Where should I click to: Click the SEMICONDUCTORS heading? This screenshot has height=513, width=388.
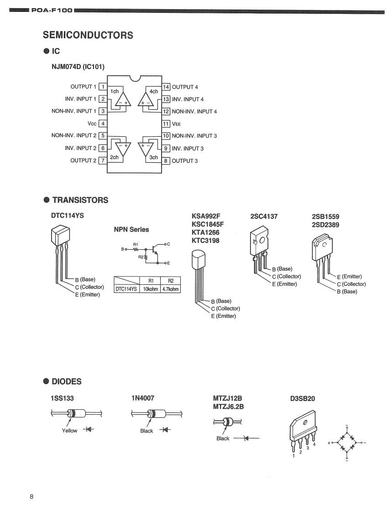88,35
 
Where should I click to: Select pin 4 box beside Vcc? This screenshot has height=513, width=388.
103,123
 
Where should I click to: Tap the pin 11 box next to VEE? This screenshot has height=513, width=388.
166,123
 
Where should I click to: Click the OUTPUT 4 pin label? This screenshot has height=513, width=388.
184,87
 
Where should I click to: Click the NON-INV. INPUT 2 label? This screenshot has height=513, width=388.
73,135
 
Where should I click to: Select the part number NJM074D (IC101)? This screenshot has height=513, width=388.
78,67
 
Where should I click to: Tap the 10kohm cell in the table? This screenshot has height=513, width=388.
150,289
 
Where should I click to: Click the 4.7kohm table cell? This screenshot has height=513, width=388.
171,289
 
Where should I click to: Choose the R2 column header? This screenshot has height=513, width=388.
171,281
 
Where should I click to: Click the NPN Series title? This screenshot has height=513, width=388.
131,230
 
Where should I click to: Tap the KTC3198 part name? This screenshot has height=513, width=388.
205,240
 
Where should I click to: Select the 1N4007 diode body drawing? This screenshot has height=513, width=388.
151,414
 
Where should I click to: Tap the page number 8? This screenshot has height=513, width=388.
31,497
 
